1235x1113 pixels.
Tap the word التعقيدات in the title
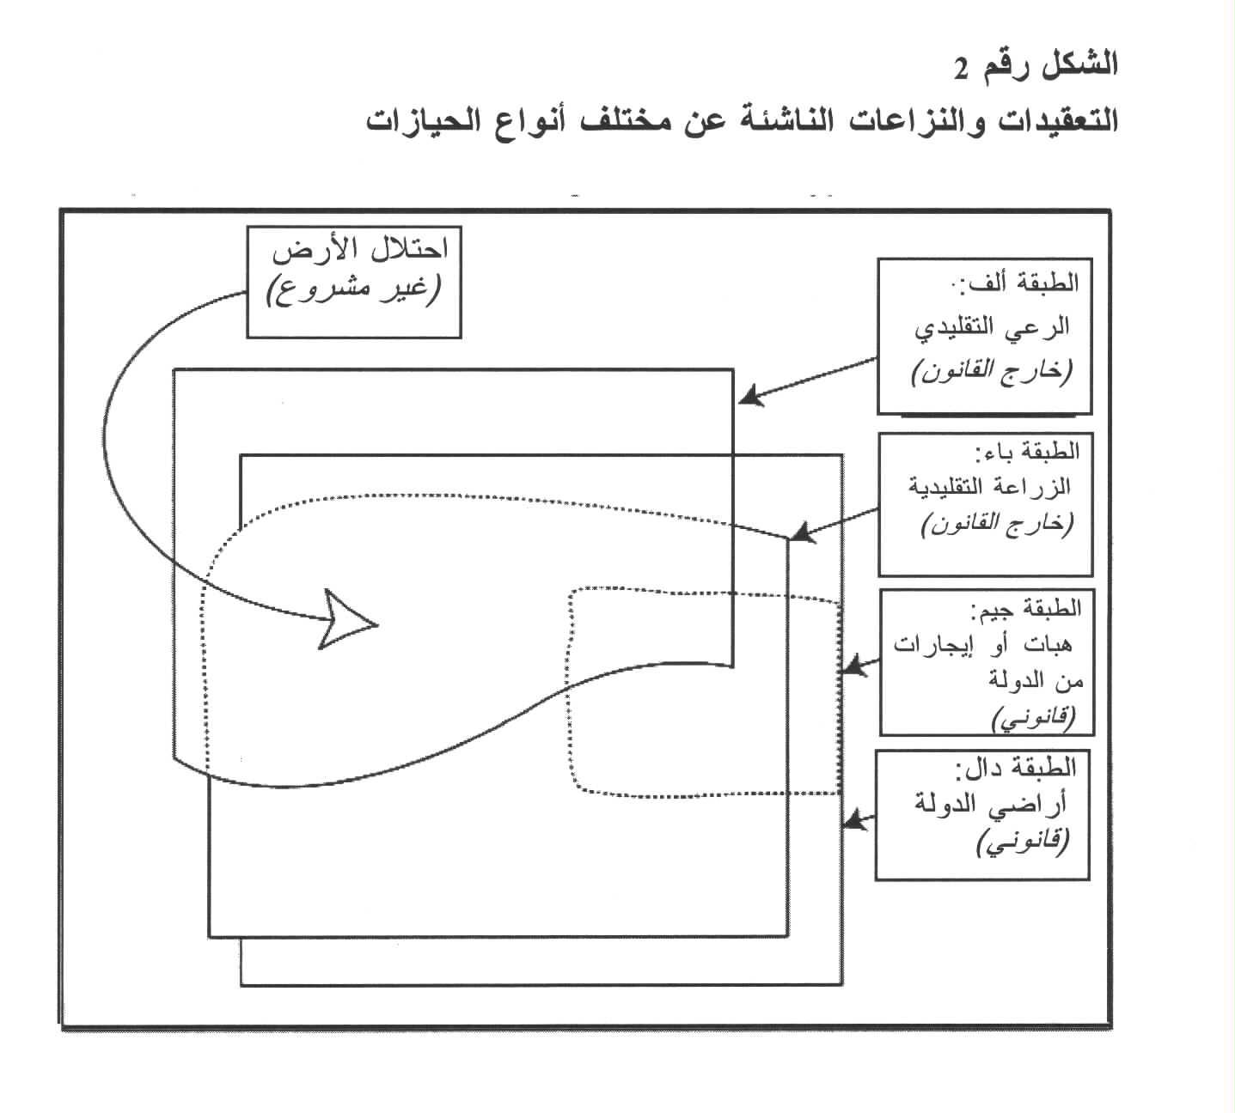coord(1059,120)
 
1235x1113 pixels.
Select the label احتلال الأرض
coord(360,251)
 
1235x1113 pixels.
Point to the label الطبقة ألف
coord(1017,281)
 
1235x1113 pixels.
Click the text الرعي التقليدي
coord(992,327)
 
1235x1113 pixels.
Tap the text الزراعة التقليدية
coord(989,487)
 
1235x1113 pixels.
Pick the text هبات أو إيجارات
coord(982,644)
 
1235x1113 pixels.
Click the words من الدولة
coord(1036,682)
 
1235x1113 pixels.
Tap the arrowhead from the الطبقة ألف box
coord(752,396)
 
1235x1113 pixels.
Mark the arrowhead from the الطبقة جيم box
coord(853,666)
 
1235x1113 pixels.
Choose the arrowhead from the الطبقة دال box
coord(853,819)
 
